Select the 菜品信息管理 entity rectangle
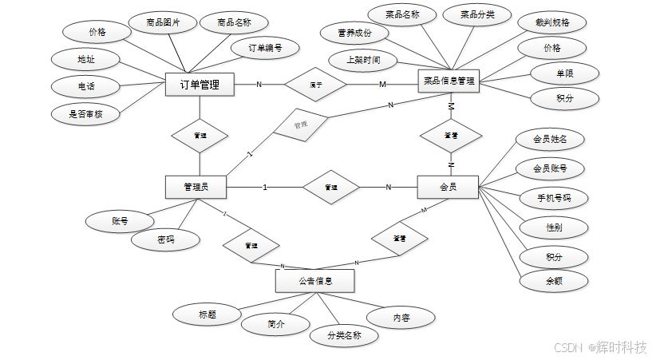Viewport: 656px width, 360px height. coord(449,81)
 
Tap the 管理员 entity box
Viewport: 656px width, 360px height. coord(196,187)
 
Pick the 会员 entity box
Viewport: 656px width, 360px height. coord(448,187)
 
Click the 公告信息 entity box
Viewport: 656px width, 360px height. coord(314,281)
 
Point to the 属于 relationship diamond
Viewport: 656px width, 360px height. coord(316,84)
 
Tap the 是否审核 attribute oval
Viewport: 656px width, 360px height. coord(85,113)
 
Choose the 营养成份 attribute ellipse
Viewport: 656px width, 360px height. coord(354,34)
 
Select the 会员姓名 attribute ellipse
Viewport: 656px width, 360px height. coord(550,139)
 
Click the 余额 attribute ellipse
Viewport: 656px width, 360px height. coord(554,281)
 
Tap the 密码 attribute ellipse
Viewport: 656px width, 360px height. coord(166,239)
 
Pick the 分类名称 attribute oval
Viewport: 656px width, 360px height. coord(344,336)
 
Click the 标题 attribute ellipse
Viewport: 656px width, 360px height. coord(207,315)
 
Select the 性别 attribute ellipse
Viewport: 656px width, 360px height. coord(553,227)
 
